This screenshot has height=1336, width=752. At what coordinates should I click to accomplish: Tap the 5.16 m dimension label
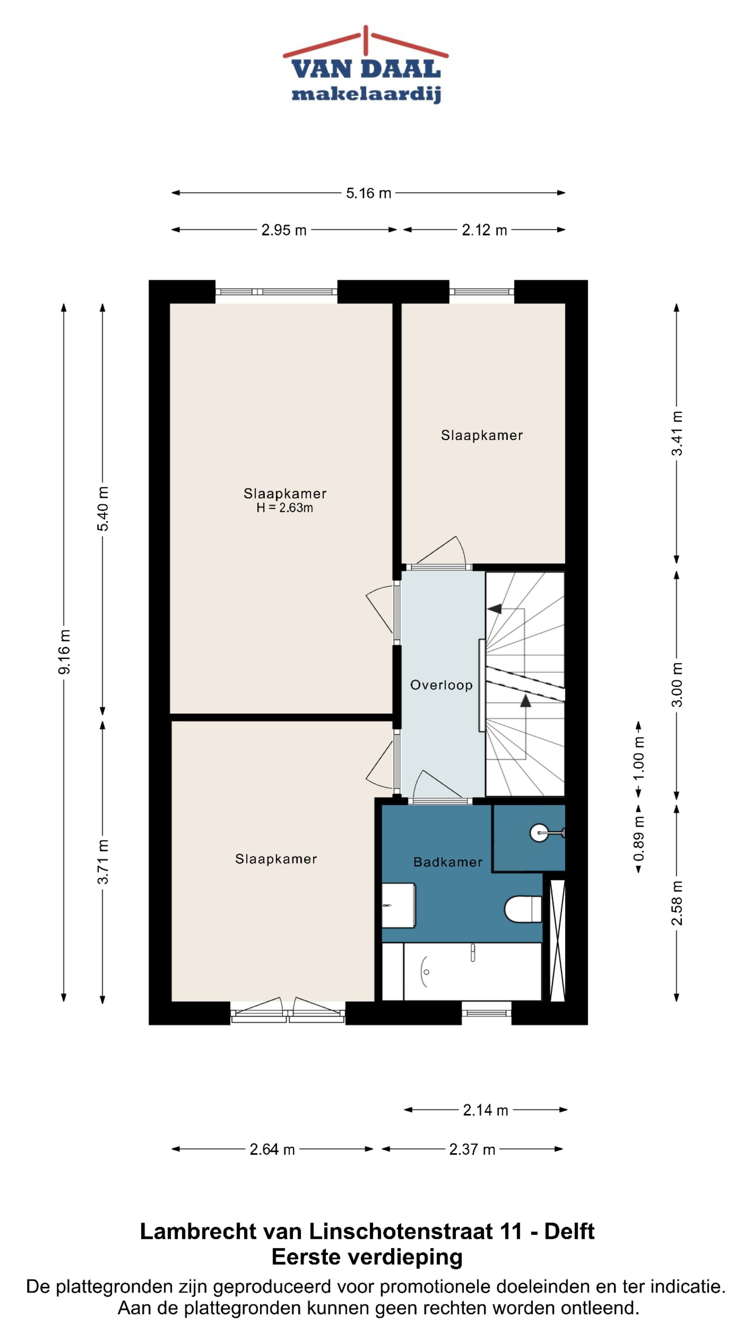368,193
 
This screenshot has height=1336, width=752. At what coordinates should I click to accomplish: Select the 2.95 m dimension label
284,230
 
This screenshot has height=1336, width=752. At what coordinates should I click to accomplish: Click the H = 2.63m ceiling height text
284,508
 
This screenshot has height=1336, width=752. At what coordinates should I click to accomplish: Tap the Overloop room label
441,685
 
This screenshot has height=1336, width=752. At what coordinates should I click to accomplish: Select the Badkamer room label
448,862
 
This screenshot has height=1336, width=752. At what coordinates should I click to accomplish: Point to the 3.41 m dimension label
677,433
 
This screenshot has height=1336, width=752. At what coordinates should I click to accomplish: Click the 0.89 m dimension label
639,838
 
